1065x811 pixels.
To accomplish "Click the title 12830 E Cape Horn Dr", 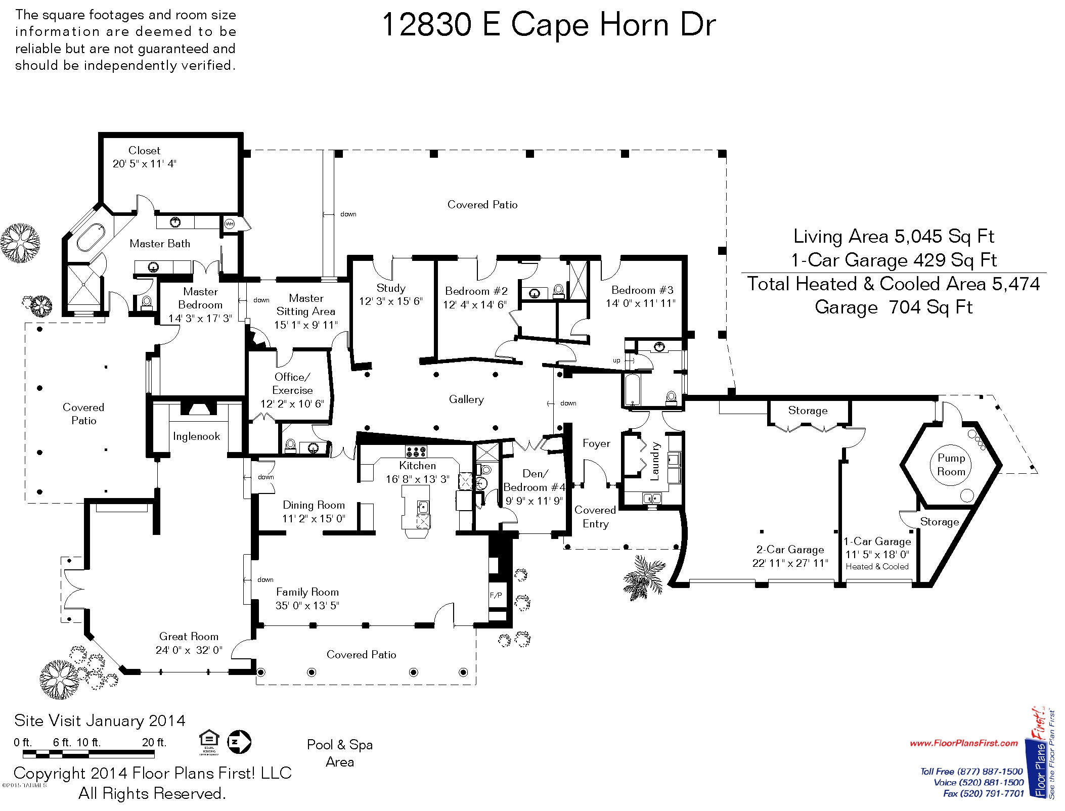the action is pyautogui.click(x=548, y=25).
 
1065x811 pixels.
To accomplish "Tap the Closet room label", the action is pyautogui.click(x=144, y=150).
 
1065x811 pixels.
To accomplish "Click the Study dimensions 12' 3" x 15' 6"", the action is pyautogui.click(x=391, y=301).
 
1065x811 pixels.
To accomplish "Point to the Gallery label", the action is pyautogui.click(x=466, y=399).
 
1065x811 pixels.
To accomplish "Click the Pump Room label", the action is pyautogui.click(x=951, y=465).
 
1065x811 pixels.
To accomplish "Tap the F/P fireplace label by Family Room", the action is pyautogui.click(x=496, y=595).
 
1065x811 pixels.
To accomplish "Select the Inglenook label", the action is pyautogui.click(x=196, y=436).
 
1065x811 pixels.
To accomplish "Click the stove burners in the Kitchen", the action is pyautogui.click(x=416, y=451).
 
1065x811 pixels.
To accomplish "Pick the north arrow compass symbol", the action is pyautogui.click(x=239, y=742).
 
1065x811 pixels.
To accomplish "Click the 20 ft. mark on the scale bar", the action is pyautogui.click(x=154, y=742).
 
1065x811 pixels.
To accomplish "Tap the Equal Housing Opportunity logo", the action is pyautogui.click(x=208, y=742).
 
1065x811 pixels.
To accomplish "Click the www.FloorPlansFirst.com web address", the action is pyautogui.click(x=963, y=743).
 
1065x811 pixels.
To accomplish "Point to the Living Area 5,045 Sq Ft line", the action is pyautogui.click(x=894, y=236).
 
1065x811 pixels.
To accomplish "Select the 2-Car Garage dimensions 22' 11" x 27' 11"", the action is pyautogui.click(x=790, y=563).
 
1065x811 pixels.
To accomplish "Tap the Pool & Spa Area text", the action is pyautogui.click(x=340, y=753).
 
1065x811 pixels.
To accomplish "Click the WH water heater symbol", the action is pyautogui.click(x=229, y=224).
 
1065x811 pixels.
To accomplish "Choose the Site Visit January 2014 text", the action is pyautogui.click(x=100, y=720).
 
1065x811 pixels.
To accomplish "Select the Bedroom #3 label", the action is pyautogui.click(x=642, y=290).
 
